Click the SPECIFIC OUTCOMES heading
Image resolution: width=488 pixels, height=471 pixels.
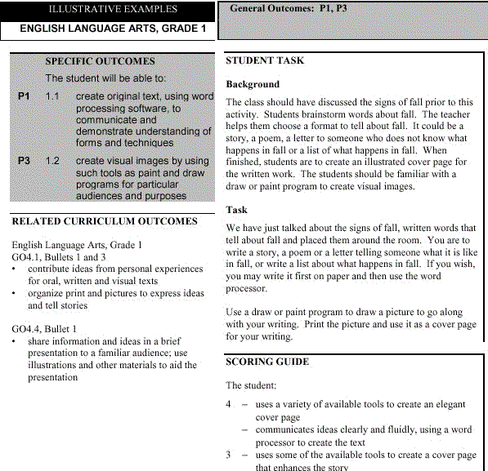click(100, 60)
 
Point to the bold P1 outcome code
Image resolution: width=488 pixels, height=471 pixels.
click(25, 96)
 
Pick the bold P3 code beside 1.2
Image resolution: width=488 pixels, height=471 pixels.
click(25, 161)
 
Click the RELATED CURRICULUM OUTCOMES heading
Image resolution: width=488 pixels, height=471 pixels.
click(105, 220)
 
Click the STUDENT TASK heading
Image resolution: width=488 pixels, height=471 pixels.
click(265, 60)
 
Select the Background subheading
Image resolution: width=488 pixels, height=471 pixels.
click(253, 84)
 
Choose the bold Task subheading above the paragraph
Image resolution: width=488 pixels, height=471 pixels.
click(236, 210)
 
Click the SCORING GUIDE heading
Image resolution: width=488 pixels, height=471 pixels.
click(266, 361)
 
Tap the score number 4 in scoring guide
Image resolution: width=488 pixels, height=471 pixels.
click(229, 404)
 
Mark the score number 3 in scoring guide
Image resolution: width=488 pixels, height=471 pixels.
click(229, 455)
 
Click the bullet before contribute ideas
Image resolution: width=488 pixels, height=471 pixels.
click(16, 269)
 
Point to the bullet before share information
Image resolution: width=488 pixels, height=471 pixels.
click(16, 341)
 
